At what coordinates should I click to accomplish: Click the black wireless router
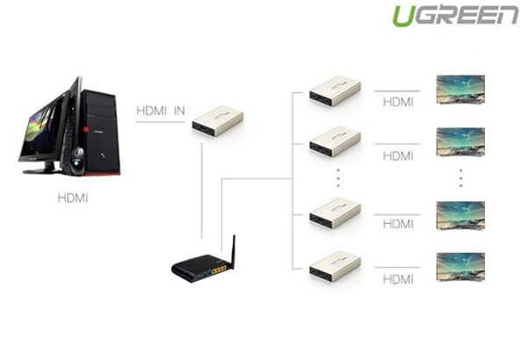pos(201,270)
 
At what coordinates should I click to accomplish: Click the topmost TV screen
pos(460,90)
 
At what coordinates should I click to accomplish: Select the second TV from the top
pos(460,141)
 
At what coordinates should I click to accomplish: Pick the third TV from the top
pos(460,215)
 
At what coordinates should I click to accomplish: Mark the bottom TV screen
pos(460,266)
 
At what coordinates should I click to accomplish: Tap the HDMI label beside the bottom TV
pos(398,278)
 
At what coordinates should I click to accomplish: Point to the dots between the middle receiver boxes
pos(337,178)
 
